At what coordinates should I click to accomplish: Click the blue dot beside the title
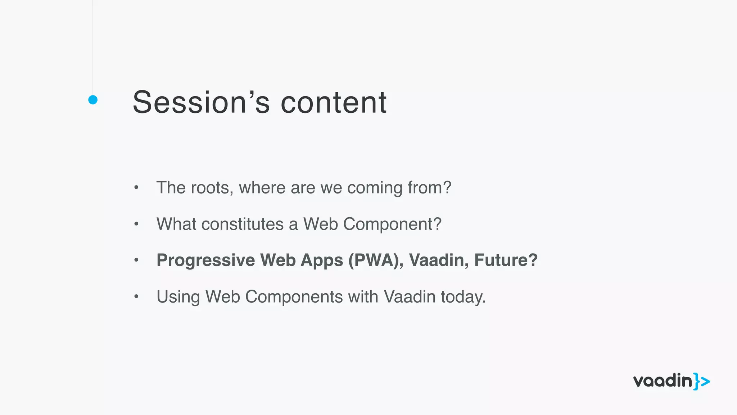(93, 100)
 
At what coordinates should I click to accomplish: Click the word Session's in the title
(201, 103)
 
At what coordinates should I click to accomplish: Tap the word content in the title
(333, 103)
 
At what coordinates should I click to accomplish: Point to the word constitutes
(243, 224)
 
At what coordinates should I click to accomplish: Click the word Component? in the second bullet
(392, 224)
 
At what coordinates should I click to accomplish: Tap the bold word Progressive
(206, 260)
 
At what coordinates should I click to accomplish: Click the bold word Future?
(506, 260)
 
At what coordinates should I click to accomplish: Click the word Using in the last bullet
(178, 297)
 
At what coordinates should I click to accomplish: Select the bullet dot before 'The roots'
(136, 187)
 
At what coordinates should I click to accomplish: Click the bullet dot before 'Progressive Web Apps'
(136, 260)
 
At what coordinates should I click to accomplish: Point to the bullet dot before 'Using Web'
(136, 296)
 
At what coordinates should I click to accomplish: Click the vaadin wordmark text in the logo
(663, 381)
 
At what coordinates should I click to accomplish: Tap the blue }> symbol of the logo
(702, 381)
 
